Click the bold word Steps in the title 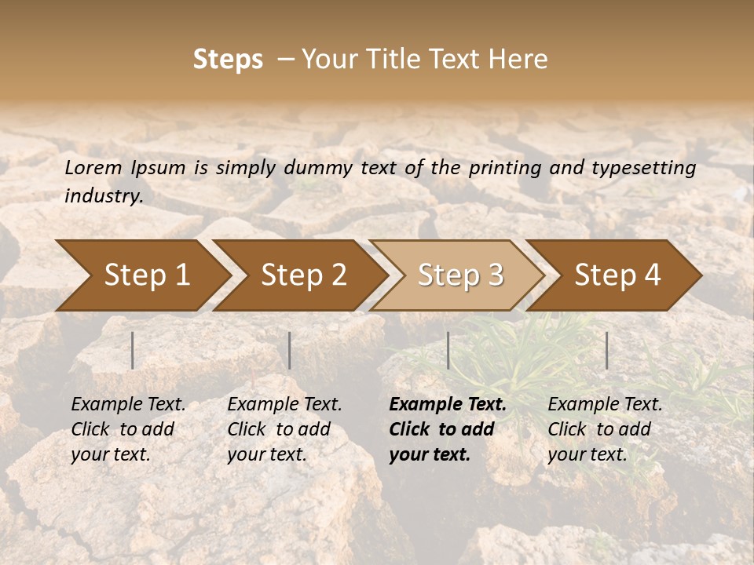pos(228,60)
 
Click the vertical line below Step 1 pos(133,350)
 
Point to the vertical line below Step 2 pos(290,350)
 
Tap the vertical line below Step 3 pos(448,350)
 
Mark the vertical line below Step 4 pos(607,350)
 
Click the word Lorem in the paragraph pos(93,168)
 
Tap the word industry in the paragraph pos(102,196)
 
